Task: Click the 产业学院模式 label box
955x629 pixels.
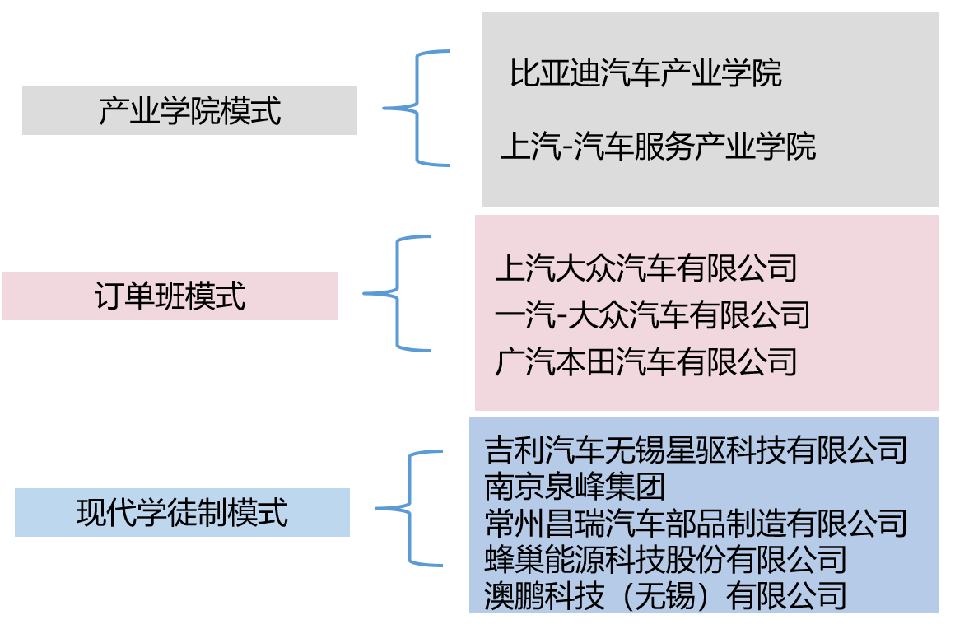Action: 189,110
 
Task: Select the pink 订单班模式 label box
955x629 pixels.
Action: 170,296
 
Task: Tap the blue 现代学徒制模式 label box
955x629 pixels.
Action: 182,512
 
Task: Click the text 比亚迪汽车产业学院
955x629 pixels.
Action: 645,73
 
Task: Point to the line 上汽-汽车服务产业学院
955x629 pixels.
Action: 659,147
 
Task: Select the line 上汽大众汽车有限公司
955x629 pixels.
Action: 646,268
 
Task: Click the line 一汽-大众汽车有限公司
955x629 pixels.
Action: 652,314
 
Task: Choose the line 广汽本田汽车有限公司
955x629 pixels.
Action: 646,361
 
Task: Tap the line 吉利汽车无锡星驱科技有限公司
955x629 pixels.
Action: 696,450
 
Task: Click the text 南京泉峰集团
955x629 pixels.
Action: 575,486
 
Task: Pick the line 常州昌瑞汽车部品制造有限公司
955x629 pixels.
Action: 696,522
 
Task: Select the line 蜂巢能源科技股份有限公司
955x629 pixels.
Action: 665,558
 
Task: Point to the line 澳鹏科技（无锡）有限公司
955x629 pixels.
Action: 665,594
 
